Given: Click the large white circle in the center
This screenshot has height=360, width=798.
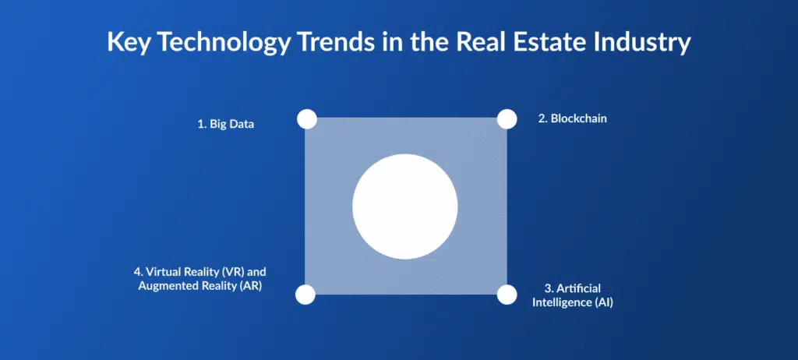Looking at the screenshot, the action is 405,206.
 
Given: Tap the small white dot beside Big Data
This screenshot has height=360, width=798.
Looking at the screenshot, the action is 307,119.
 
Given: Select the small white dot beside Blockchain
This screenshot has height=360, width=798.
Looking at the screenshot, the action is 507,119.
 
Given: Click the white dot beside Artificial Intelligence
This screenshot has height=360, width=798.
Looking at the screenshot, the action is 507,295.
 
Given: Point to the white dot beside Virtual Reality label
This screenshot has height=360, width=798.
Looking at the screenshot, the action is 305,295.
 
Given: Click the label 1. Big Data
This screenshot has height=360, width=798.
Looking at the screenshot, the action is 225,125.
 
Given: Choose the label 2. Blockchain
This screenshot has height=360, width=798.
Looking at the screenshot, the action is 573,119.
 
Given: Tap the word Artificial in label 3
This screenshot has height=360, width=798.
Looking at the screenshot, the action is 579,289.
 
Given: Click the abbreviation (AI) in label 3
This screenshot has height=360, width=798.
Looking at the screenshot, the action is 604,302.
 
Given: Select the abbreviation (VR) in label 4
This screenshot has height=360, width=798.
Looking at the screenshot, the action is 232,272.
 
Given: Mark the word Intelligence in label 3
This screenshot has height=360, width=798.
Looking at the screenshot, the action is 561,302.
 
